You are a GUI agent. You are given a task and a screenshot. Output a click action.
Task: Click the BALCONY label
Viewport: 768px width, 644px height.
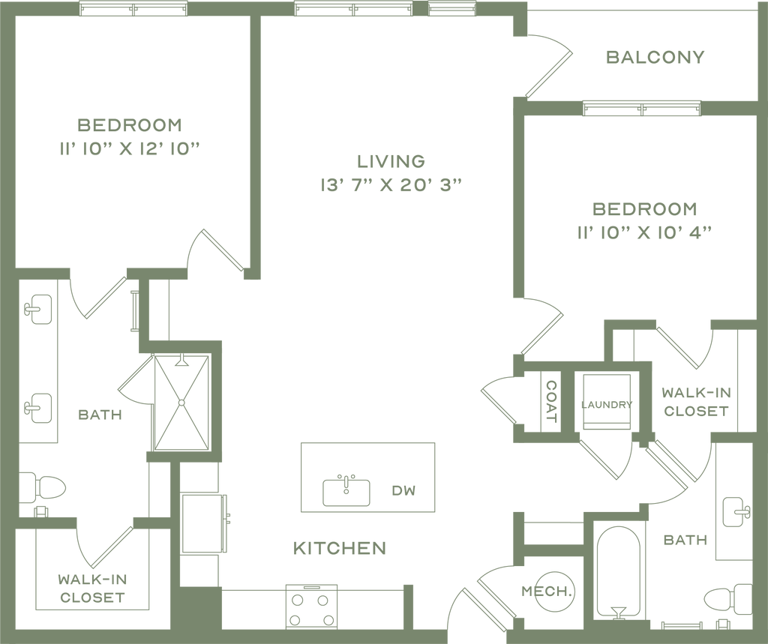point(655,57)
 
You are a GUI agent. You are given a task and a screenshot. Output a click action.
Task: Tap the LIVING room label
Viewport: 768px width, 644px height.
point(391,161)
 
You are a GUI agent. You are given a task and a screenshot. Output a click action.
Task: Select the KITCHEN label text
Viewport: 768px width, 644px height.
point(340,548)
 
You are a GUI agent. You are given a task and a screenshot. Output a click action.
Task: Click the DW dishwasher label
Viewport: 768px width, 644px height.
point(403,490)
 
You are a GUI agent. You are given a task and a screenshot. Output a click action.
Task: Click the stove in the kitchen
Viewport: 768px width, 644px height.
point(311,607)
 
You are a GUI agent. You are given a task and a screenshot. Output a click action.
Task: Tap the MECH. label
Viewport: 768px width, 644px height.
point(547,591)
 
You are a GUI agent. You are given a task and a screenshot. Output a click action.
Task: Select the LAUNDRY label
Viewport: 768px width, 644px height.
point(607,405)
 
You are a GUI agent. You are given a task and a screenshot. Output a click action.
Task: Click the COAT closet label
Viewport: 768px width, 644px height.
point(551,402)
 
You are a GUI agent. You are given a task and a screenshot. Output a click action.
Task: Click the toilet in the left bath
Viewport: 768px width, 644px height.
point(43,489)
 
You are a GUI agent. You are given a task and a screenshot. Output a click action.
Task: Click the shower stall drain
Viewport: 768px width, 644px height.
point(181,403)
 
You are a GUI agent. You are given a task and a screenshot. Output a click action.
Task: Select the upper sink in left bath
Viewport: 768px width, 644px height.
point(37,309)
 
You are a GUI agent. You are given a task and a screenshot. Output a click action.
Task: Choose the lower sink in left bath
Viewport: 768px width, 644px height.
point(37,408)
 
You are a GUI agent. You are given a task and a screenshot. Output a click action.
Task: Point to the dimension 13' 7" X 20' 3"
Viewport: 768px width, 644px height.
point(391,185)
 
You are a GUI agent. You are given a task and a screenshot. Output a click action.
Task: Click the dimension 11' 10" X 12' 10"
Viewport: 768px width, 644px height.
point(130,149)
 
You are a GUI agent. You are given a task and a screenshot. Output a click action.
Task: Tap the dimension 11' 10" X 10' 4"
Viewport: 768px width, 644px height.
point(644,232)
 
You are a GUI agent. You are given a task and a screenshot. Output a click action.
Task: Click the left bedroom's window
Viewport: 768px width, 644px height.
point(133,8)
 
